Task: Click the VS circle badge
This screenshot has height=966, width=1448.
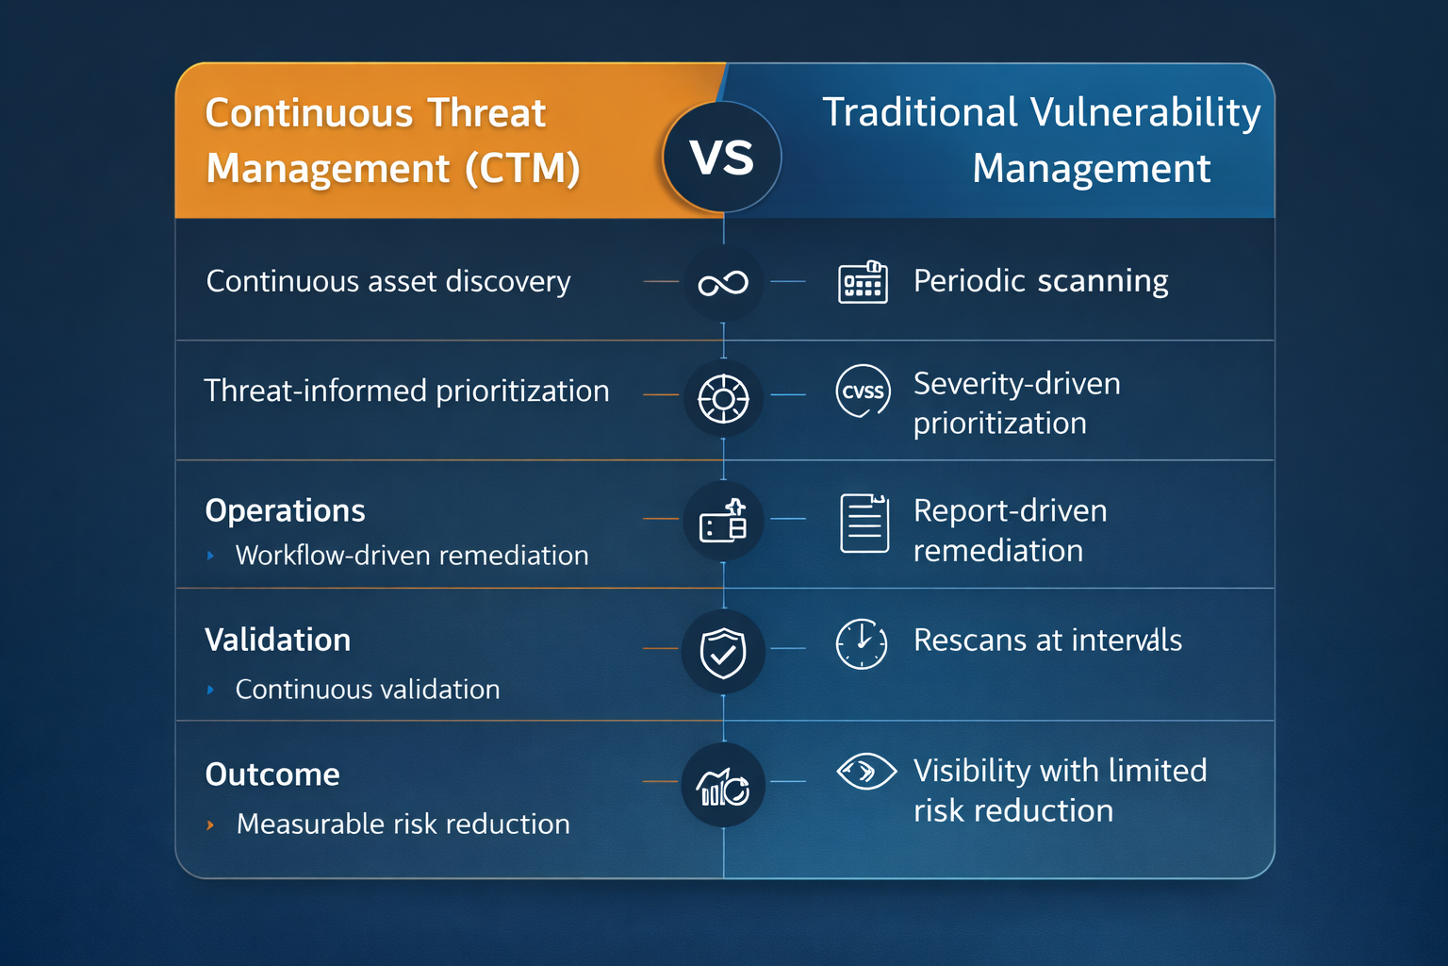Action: coord(722,157)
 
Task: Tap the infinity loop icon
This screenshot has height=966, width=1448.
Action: coord(723,283)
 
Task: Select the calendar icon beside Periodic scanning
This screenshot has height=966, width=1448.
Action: coord(863,282)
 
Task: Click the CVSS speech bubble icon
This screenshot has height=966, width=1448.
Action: coord(863,391)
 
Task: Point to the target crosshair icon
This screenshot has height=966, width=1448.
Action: coord(723,399)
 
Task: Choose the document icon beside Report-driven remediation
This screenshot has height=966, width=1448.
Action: coord(864,523)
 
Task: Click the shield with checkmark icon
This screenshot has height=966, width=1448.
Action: coord(723,652)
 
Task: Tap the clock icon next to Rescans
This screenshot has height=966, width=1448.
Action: coord(862,644)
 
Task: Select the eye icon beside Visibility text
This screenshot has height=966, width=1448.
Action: coord(866,772)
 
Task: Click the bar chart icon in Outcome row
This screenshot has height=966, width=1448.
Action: coord(722,786)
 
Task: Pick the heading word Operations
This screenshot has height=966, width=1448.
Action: coord(285,510)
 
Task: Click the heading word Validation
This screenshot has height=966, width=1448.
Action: coord(277,640)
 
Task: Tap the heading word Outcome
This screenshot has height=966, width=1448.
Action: coord(272,774)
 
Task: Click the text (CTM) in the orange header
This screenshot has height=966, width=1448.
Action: coord(522,169)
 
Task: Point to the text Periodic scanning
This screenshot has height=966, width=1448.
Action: coord(1041,281)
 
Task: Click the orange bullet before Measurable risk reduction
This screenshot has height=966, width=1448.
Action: coord(210,824)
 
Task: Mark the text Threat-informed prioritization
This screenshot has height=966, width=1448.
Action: coord(406,391)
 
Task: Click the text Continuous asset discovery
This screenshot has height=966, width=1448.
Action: coord(388,281)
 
